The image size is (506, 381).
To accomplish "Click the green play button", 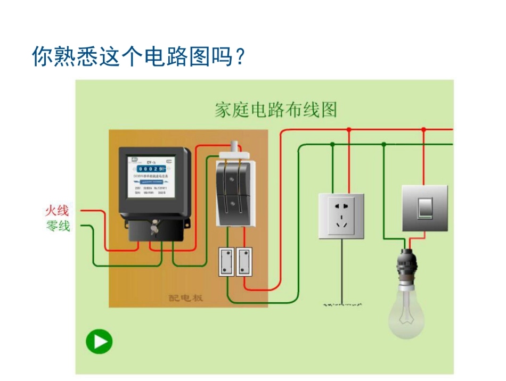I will [x=100, y=342].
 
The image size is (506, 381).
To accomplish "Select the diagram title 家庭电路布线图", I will [x=276, y=110].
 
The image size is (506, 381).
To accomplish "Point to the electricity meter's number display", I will [x=151, y=169].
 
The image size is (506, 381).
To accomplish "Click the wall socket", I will [x=341, y=216].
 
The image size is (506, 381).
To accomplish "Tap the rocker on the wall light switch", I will [x=424, y=208].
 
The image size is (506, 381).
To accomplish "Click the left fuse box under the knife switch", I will [x=227, y=262].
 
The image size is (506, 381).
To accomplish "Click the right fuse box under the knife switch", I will [x=244, y=262].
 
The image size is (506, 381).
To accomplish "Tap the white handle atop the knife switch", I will [x=235, y=147].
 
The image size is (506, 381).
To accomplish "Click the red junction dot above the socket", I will [x=349, y=129].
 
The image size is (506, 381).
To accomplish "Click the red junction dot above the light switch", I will [x=424, y=129].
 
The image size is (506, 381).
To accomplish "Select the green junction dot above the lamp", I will [x=383, y=144].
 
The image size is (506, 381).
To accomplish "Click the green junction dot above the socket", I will [x=332, y=144].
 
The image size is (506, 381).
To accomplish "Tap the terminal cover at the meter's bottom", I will [x=154, y=230].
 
